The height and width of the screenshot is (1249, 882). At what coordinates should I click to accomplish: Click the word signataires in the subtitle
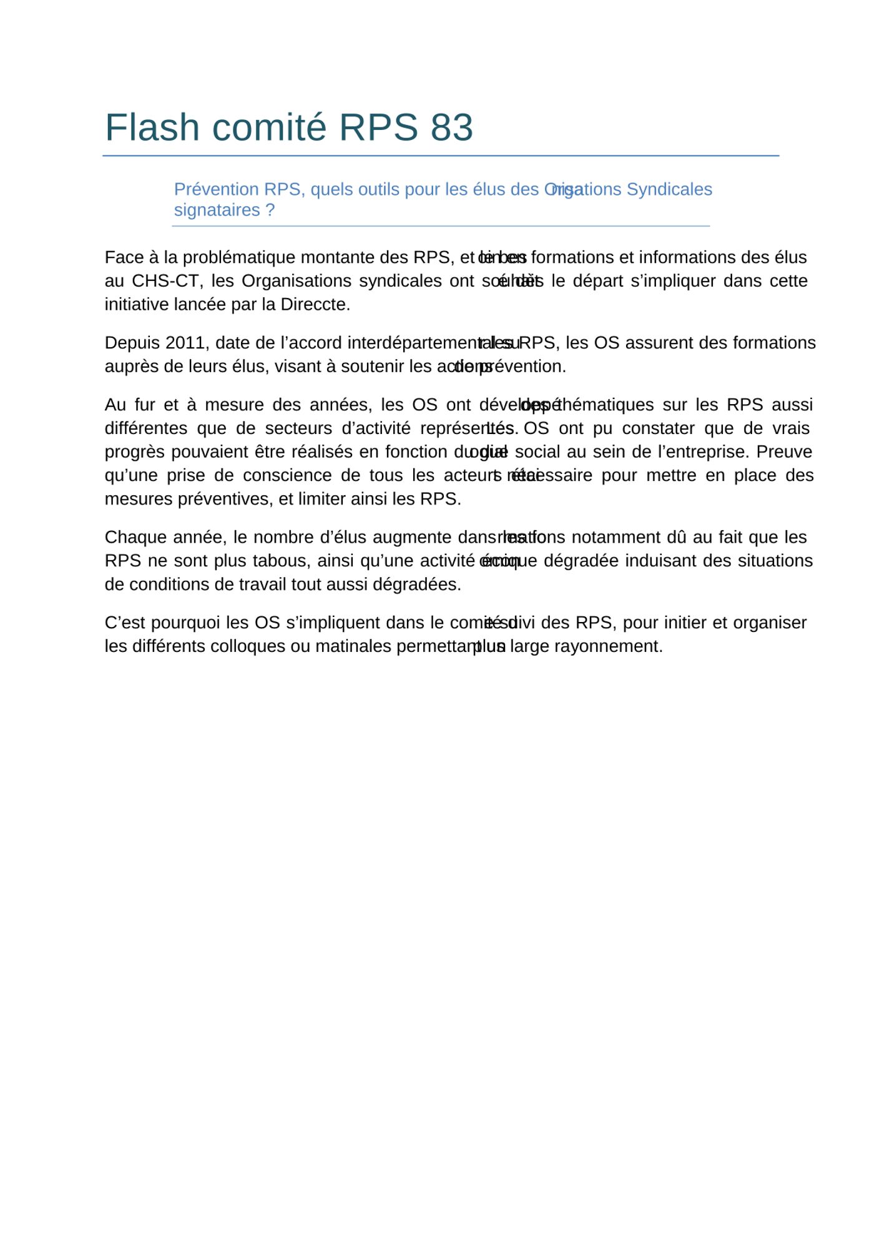click(217, 210)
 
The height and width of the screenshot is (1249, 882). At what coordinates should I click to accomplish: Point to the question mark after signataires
click(270, 210)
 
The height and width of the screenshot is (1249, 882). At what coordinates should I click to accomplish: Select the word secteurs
click(298, 428)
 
